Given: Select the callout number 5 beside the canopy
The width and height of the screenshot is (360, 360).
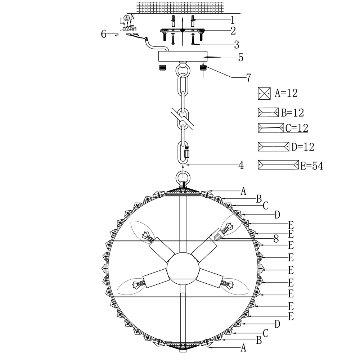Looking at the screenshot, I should [x=240, y=57].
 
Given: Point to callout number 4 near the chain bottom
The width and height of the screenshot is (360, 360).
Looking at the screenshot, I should [x=241, y=165].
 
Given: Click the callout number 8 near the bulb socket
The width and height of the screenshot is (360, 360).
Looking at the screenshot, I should [x=276, y=239].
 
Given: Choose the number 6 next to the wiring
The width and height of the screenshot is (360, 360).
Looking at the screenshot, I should [x=104, y=34].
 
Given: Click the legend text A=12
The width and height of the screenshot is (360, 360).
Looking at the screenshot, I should [x=286, y=93].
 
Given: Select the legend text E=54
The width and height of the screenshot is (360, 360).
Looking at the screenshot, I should [x=311, y=166].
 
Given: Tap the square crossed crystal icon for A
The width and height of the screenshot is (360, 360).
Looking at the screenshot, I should [x=264, y=93].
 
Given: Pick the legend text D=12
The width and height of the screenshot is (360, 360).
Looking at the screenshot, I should [x=303, y=147].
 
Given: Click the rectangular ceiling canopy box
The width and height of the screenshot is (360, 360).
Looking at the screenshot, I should [x=183, y=56].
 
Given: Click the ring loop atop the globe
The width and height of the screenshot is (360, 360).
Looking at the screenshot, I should [x=183, y=178].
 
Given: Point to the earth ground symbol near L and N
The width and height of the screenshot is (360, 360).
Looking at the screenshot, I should [x=126, y=18].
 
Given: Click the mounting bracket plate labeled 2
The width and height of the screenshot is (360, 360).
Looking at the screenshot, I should [x=183, y=31].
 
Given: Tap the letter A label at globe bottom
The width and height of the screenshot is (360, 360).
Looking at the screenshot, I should [x=243, y=348].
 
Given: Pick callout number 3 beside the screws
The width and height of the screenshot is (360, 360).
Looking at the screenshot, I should [x=237, y=44].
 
